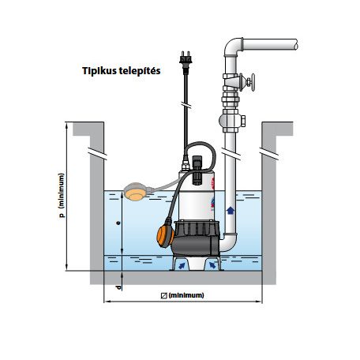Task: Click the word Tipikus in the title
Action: (99, 71)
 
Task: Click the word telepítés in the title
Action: (140, 71)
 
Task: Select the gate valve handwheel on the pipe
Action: (253, 82)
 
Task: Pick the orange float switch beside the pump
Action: (165, 235)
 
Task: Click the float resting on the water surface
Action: (136, 191)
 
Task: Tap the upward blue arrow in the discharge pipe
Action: (231, 210)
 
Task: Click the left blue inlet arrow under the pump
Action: (182, 265)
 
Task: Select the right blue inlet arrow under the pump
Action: (212, 265)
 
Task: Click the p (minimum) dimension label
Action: (62, 196)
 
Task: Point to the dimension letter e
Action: (118, 223)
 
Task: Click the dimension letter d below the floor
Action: (119, 287)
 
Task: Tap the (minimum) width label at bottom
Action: (186, 295)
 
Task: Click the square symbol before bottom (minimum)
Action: (164, 295)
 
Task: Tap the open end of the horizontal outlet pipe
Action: (296, 44)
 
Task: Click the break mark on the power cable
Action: (186, 104)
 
